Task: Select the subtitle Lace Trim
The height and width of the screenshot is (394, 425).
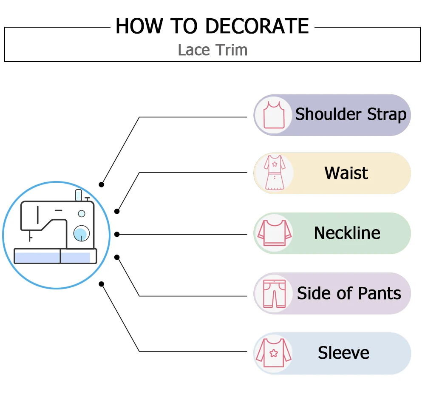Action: tap(212, 50)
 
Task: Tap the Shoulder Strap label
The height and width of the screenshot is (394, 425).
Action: tap(351, 114)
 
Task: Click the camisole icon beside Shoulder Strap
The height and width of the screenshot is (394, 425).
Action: tap(273, 115)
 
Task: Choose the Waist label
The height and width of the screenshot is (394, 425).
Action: tap(346, 173)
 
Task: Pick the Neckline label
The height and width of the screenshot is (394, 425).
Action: tap(347, 233)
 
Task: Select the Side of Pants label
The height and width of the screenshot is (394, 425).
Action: tap(349, 293)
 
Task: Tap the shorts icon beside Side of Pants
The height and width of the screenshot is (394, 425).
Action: tap(273, 294)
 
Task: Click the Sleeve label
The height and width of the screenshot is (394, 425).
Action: tap(343, 353)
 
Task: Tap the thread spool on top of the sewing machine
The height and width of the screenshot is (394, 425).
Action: tap(78, 195)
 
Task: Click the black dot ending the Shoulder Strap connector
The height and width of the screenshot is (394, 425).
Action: tap(101, 184)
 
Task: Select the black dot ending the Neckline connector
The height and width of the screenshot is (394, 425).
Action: tap(117, 234)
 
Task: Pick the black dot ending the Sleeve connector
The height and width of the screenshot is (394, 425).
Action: tap(101, 283)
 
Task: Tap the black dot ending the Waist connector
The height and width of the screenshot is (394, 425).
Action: tap(117, 211)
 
